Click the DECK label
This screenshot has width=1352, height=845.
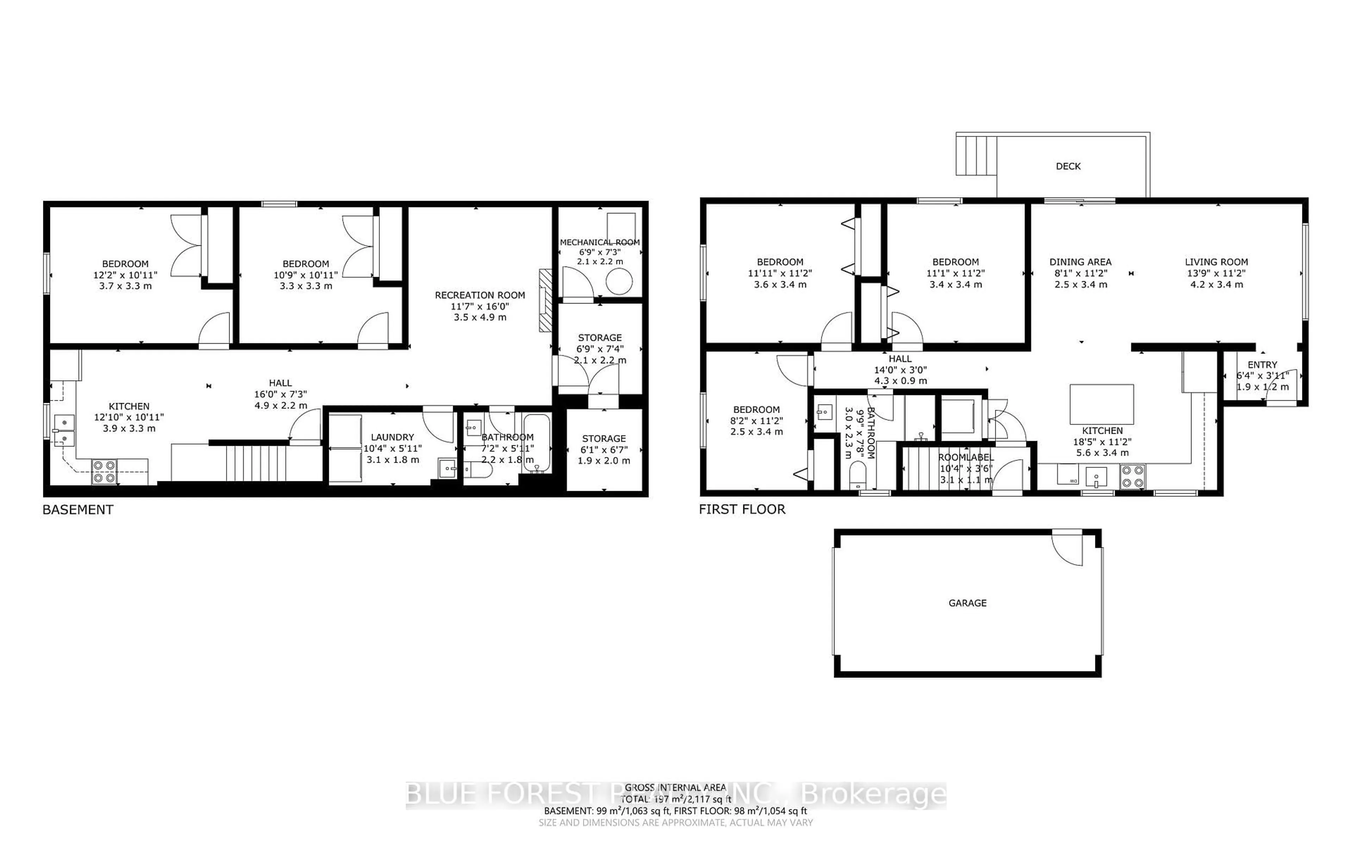pos(1068,166)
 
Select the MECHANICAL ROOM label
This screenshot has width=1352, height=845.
pos(600,242)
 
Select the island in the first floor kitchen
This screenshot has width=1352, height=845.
pos(1101,404)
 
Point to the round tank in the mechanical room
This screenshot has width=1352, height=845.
pos(619,281)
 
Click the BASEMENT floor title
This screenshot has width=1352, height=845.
pos(78,510)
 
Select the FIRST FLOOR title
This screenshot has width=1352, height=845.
pos(742,509)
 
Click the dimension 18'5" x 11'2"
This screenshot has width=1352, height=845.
pos(1101,442)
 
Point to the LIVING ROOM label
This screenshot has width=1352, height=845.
pos(1216,262)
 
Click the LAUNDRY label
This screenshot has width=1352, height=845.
pos(392,437)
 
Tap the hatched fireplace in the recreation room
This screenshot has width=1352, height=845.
pos(545,301)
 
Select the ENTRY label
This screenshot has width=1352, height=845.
pos(1262,364)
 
